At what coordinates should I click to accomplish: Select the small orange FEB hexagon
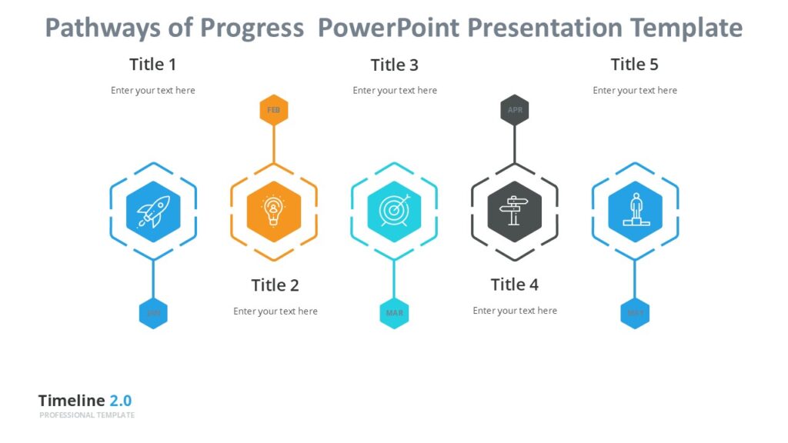click(x=273, y=110)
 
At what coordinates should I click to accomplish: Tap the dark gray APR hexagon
click(x=515, y=110)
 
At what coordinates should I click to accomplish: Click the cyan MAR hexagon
click(x=394, y=313)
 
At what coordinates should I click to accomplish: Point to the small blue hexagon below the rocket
click(x=153, y=313)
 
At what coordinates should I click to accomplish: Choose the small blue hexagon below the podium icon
click(x=635, y=313)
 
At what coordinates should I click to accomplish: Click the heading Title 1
click(x=152, y=64)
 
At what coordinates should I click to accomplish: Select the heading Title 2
click(x=275, y=285)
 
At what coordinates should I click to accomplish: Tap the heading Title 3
click(x=394, y=65)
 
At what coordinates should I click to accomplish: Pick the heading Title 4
click(x=515, y=285)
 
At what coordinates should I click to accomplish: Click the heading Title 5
click(x=634, y=64)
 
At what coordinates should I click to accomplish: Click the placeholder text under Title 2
click(x=275, y=311)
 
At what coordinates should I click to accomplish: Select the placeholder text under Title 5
click(x=635, y=91)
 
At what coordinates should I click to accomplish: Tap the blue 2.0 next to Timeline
click(x=120, y=401)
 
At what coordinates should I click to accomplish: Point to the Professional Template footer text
click(x=87, y=415)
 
